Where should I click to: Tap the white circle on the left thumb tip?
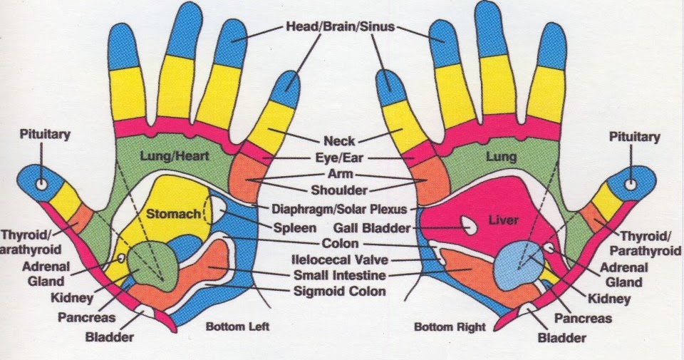(41, 184)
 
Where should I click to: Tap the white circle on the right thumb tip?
(631, 184)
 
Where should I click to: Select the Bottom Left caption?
(233, 327)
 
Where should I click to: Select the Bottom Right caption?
(450, 327)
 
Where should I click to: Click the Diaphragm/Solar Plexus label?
(340, 209)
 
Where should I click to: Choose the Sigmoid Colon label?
(340, 291)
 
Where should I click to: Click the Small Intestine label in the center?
(340, 275)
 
